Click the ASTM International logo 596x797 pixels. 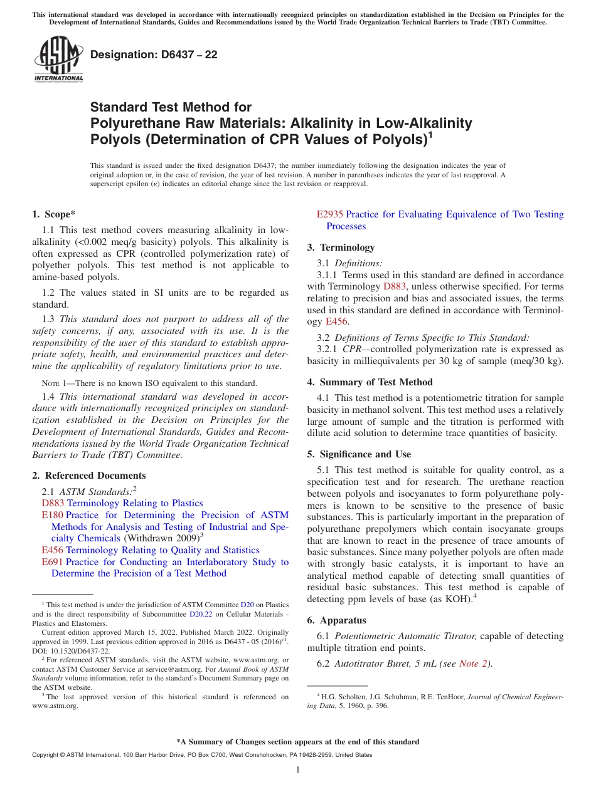[x=58, y=60]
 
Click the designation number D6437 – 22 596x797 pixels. [x=154, y=55]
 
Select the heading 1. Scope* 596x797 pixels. [x=54, y=214]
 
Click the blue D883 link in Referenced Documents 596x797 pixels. [x=53, y=503]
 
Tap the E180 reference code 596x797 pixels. [x=52, y=515]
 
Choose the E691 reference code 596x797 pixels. [x=52, y=562]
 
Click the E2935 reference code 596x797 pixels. [x=330, y=214]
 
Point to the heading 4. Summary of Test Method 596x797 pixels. [x=370, y=382]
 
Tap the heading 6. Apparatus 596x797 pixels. [x=336, y=620]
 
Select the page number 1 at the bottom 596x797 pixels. [x=298, y=770]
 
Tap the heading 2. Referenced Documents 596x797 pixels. [x=89, y=476]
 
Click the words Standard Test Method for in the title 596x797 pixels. [x=171, y=107]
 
